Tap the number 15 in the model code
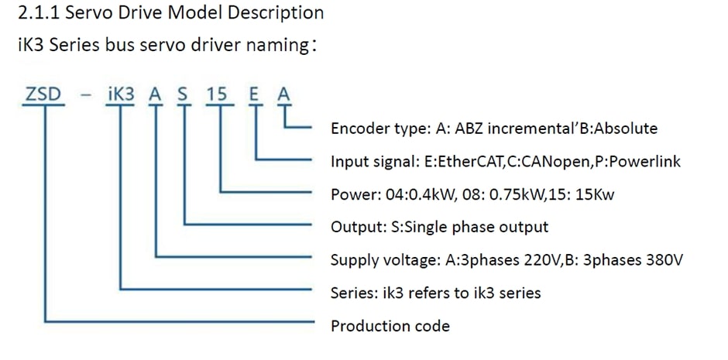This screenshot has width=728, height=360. coord(218,94)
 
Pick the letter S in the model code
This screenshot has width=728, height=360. coord(183,94)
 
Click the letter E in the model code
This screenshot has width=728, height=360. coord(254,94)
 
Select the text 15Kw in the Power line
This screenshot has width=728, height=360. coord(594,194)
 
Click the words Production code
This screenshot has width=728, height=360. coord(390,326)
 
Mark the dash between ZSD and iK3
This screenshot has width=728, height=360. coord(87,95)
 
